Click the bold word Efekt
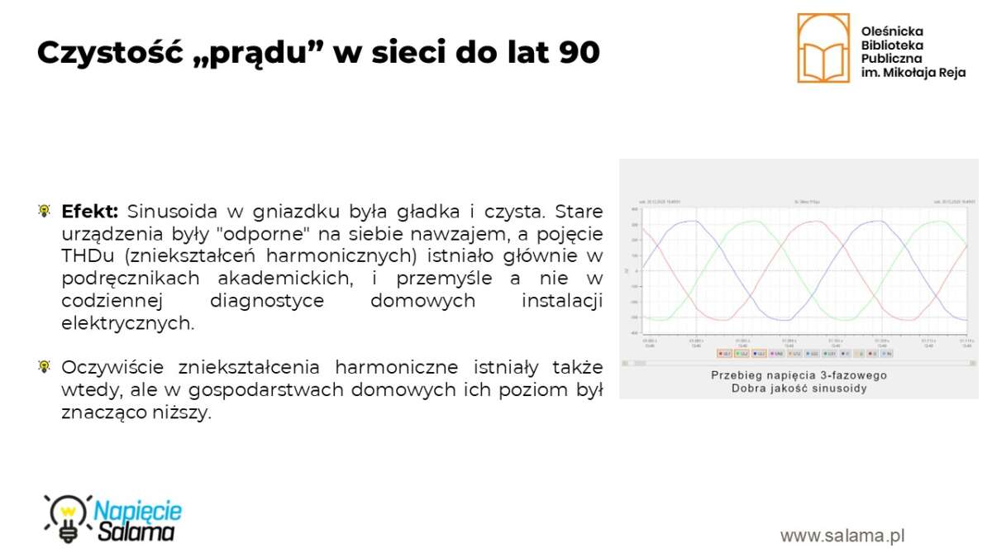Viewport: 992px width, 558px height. [90, 211]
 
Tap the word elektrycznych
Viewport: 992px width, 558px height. [127, 324]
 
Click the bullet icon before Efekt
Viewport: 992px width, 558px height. [44, 211]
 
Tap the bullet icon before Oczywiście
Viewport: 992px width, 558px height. [44, 367]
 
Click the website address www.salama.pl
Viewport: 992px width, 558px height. [842, 536]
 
